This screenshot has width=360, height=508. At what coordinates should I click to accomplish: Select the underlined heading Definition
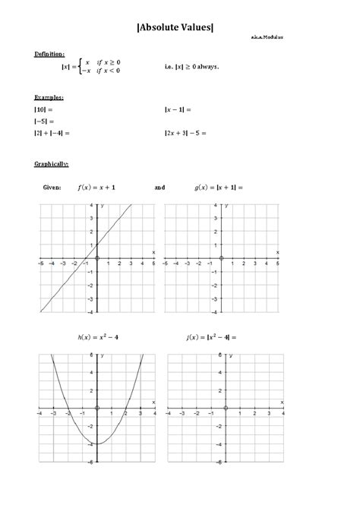[49, 54]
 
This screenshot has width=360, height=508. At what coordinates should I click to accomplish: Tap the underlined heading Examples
[49, 97]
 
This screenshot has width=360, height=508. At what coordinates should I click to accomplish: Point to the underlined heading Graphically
[52, 163]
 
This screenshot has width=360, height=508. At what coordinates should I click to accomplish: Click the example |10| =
[45, 109]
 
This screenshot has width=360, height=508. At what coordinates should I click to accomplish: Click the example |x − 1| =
[178, 109]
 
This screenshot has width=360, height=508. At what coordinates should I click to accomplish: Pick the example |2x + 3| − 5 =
[186, 133]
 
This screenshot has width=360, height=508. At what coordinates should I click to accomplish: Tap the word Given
[52, 186]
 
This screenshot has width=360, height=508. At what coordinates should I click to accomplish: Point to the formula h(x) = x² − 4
[96, 336]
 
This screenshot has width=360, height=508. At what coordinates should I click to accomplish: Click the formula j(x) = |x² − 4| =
[212, 336]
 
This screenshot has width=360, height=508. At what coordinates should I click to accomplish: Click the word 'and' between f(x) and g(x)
[159, 186]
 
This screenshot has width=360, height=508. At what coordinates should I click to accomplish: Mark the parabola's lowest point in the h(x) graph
[96, 443]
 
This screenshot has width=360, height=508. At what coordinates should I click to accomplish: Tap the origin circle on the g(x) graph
[221, 259]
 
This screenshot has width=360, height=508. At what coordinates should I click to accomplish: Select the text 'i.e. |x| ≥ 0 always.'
[191, 66]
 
